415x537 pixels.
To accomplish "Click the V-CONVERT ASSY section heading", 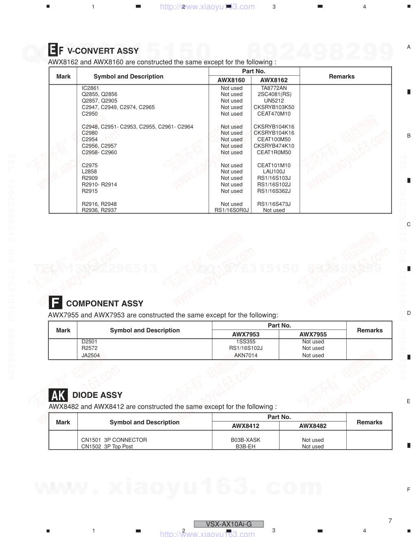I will pyautogui.click(x=103, y=51).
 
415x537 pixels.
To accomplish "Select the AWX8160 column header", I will pyautogui.click(x=231, y=80).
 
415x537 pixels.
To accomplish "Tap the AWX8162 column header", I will pyautogui.click(x=274, y=80).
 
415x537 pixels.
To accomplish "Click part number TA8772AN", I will pyautogui.click(x=274, y=88).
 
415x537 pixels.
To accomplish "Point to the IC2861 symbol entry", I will pyautogui.click(x=90, y=88).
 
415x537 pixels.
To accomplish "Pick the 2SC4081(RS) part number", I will pyautogui.click(x=274, y=94).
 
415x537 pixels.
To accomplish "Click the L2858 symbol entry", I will pyautogui.click(x=89, y=172).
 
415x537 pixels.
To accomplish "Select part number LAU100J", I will pyautogui.click(x=274, y=172).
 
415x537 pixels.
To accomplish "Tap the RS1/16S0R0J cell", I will pyautogui.click(x=232, y=210).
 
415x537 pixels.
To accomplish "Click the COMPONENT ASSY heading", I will pyautogui.click(x=105, y=303).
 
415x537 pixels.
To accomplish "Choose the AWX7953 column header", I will pyautogui.click(x=246, y=334).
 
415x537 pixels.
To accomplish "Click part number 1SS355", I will pyautogui.click(x=246, y=342).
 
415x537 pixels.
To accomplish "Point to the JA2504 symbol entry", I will pyautogui.click(x=90, y=355).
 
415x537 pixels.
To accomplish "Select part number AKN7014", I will pyautogui.click(x=246, y=355).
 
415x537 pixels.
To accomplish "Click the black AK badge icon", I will pyautogui.click(x=58, y=395).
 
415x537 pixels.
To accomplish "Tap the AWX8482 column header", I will pyautogui.click(x=312, y=426).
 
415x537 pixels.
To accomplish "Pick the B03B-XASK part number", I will pyautogui.click(x=246, y=440).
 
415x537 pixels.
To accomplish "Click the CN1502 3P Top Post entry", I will pyautogui.click(x=107, y=446).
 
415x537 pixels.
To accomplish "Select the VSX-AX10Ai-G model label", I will pyautogui.click(x=229, y=524).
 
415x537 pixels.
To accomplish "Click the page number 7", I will pyautogui.click(x=390, y=521).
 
